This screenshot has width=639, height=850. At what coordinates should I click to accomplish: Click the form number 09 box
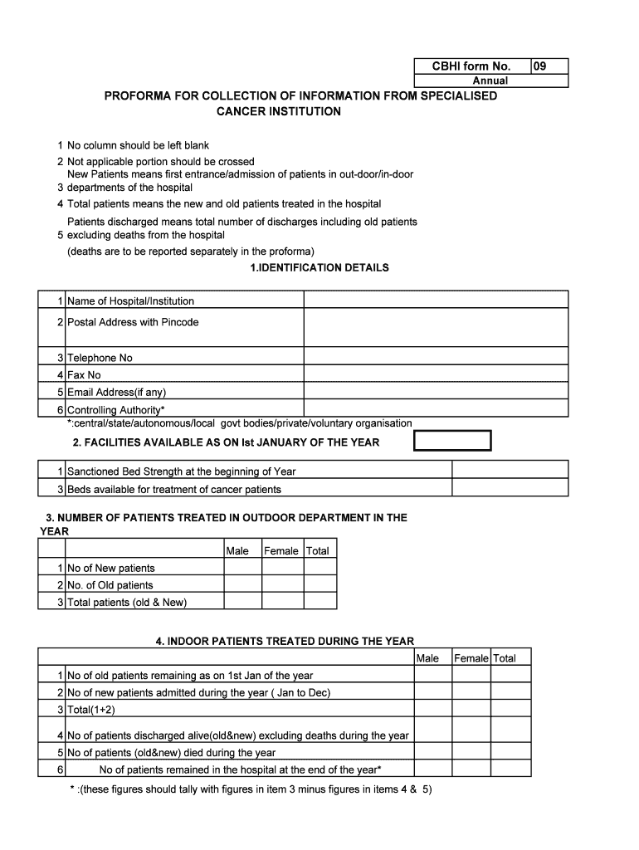[549, 66]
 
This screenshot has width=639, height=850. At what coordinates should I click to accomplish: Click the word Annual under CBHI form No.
[490, 81]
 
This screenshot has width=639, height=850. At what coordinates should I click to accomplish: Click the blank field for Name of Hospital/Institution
[436, 300]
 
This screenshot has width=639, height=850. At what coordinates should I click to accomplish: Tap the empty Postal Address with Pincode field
[436, 328]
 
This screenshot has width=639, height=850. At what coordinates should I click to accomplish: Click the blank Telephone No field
[436, 358]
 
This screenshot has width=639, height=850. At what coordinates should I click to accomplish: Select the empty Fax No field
[436, 374]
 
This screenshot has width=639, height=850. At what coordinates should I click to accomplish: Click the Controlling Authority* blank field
[436, 409]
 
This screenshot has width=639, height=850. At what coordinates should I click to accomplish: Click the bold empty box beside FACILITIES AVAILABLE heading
[452, 441]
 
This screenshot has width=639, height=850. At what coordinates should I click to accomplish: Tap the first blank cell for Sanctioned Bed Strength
[369, 471]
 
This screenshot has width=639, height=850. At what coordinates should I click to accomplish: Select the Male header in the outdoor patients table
[237, 550]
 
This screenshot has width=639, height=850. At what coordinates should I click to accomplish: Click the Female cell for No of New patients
[281, 568]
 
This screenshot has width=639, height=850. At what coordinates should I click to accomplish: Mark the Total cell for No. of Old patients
[319, 585]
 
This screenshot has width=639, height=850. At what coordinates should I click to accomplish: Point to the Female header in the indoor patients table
[471, 658]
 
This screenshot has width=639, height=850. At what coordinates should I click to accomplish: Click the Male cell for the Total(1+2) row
[432, 710]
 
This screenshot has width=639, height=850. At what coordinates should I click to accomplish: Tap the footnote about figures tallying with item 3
[250, 789]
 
